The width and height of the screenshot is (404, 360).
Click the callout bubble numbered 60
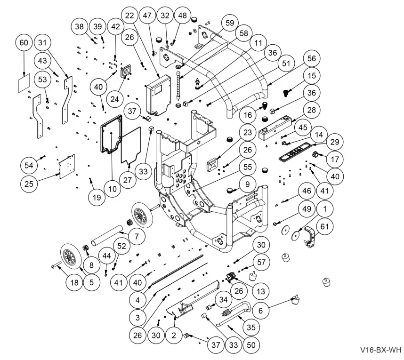click(24, 43)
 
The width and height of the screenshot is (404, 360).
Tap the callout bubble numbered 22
click(129, 15)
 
